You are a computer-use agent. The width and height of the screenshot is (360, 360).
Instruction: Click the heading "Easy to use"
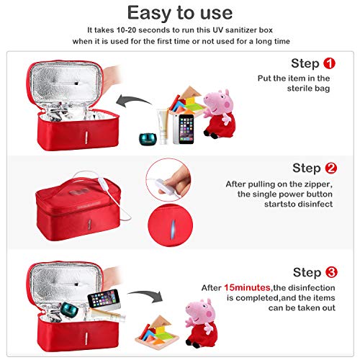tap(180, 12)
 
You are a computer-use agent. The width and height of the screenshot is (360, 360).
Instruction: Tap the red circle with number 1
tap(330, 63)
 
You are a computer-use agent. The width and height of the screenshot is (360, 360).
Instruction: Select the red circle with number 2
tap(330, 168)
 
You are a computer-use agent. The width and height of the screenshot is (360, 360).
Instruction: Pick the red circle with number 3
tap(330, 273)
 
